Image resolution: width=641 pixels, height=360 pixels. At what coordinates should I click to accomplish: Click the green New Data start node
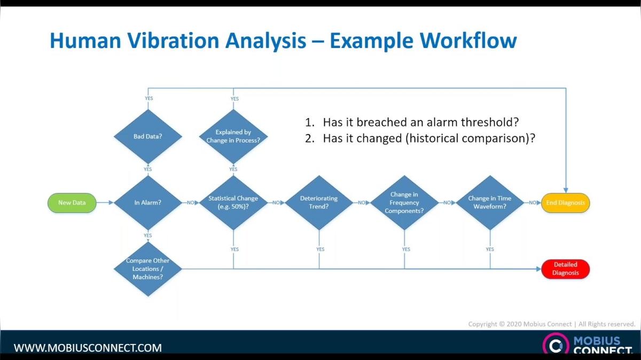(x=72, y=203)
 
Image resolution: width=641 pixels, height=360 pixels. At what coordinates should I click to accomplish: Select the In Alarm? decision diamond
(x=148, y=203)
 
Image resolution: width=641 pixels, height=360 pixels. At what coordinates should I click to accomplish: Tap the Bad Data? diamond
(x=148, y=136)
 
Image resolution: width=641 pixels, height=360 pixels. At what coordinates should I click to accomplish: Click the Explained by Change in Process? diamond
(x=233, y=136)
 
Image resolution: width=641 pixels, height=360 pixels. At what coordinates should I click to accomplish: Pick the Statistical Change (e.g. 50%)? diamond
(x=233, y=202)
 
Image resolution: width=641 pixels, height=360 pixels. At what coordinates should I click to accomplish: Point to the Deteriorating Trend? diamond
(x=319, y=202)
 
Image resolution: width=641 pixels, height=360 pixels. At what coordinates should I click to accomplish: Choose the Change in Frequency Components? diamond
(x=404, y=202)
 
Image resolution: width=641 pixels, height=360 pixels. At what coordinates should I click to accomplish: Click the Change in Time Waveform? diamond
(x=489, y=202)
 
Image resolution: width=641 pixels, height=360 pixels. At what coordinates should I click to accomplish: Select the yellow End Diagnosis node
(x=565, y=203)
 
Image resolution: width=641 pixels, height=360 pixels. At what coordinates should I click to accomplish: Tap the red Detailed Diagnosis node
(x=565, y=269)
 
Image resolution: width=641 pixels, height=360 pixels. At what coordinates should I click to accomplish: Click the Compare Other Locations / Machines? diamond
(x=148, y=269)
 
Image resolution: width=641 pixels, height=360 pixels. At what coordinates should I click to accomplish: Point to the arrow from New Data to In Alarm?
(x=105, y=203)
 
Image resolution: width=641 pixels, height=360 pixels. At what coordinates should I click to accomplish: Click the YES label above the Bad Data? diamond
(x=148, y=99)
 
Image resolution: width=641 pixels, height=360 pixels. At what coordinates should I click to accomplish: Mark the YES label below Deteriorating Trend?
(x=320, y=249)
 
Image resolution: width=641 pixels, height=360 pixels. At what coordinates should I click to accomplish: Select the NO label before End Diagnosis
(x=533, y=203)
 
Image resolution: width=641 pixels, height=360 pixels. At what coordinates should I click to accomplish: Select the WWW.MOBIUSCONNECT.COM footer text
(x=88, y=348)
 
